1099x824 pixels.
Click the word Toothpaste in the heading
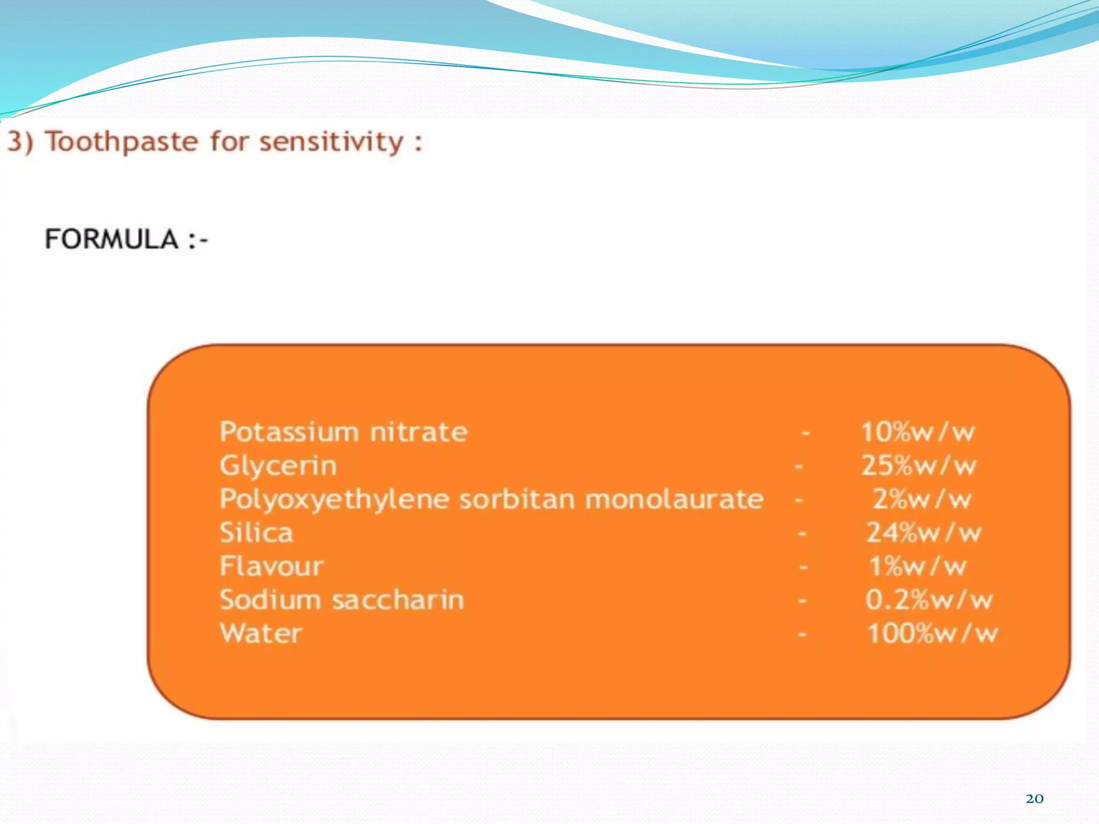122,143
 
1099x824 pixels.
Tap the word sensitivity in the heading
331,143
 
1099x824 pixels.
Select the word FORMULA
112,239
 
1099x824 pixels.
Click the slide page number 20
1034,799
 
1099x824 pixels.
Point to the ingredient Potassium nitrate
343,432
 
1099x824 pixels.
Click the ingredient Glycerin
278,466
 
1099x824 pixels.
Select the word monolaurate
674,499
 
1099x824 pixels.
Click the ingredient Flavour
272,566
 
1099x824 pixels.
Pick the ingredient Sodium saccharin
342,600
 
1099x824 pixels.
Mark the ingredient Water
261,634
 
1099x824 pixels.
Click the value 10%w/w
918,432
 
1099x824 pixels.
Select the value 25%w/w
919,466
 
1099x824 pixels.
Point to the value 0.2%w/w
929,600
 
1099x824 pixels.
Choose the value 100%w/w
933,634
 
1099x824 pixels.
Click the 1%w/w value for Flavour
918,566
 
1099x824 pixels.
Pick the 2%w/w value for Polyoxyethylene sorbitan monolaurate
922,499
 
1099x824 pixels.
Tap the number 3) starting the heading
20,143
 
